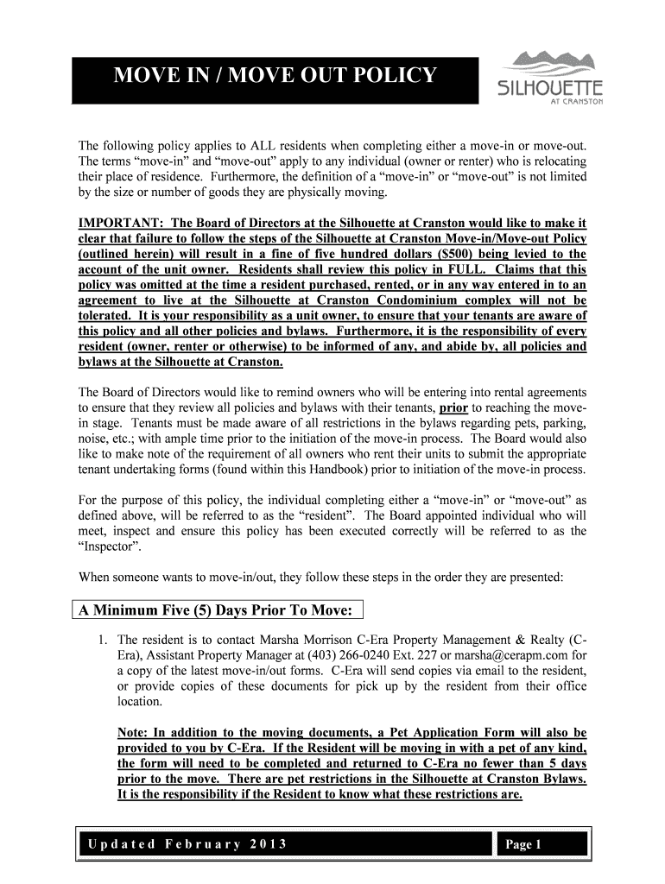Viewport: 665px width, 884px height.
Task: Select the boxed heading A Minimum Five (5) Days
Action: coord(216,611)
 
